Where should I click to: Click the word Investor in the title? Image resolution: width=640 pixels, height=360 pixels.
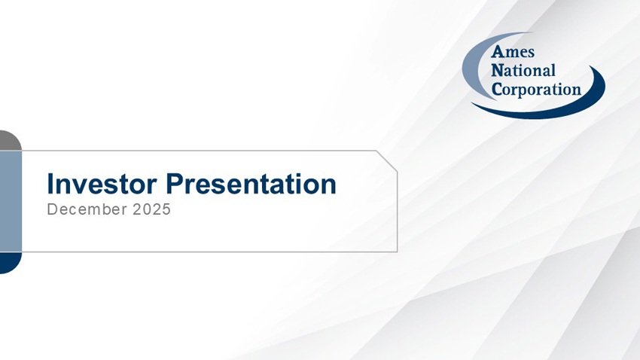click(103, 184)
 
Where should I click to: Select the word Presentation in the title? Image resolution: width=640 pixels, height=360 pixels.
click(251, 184)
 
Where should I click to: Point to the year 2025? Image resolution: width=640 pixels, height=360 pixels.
click(152, 210)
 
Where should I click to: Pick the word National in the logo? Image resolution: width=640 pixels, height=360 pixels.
click(523, 71)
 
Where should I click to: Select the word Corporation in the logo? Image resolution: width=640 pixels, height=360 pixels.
click(536, 89)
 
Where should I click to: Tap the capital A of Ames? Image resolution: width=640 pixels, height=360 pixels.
click(497, 53)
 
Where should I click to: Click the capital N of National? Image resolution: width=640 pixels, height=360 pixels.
click(497, 71)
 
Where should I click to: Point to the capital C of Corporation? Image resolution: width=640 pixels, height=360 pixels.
click(497, 89)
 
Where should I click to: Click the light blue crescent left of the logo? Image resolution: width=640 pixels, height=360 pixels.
click(471, 68)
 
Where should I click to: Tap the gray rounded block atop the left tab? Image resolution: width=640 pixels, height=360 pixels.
click(9, 140)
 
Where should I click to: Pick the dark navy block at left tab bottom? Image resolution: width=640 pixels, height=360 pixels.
click(9, 262)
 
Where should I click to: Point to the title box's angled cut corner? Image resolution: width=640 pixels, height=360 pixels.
click(386, 161)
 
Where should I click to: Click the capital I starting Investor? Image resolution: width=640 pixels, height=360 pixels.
click(50, 184)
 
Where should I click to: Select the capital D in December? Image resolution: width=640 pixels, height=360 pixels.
click(51, 210)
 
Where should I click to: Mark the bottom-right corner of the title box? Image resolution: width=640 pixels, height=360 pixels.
click(396, 251)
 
